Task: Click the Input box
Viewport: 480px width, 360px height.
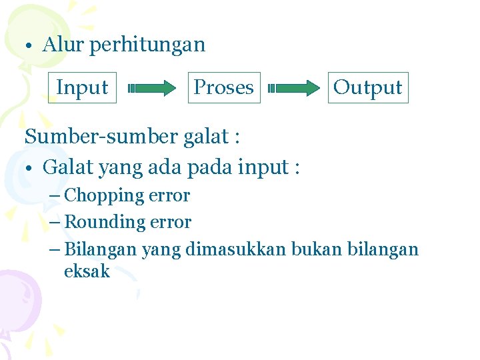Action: click(83, 87)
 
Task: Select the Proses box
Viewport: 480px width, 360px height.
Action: click(223, 87)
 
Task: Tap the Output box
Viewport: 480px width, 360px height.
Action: click(367, 87)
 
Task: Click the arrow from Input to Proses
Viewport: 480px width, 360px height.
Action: click(152, 87)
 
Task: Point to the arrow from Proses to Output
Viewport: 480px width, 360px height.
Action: click(294, 87)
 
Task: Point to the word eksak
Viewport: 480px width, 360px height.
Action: click(87, 271)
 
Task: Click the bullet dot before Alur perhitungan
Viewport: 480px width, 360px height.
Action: click(30, 47)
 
